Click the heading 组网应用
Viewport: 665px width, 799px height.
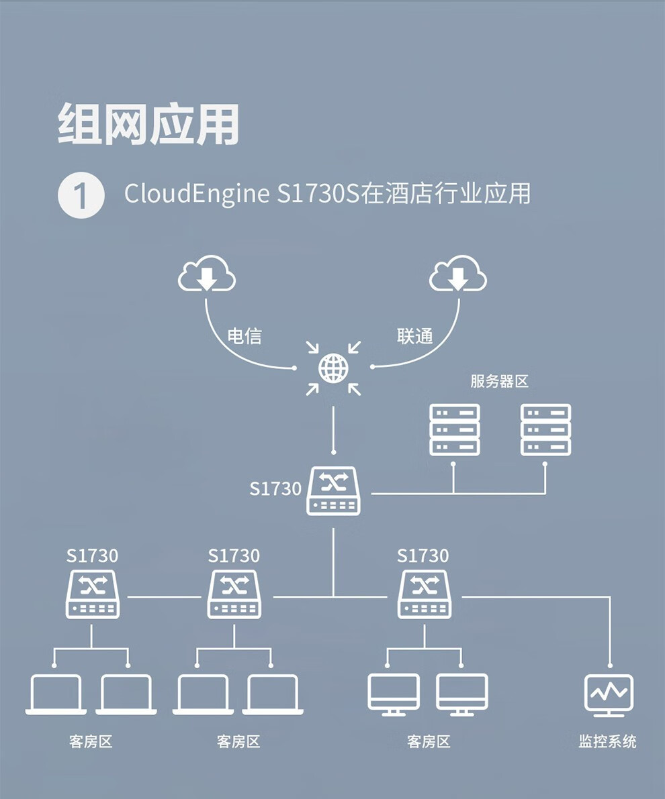148,124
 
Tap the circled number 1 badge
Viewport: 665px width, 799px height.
81,195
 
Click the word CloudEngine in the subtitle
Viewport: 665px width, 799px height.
197,194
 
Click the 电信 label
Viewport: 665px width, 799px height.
245,336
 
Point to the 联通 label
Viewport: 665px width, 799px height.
415,336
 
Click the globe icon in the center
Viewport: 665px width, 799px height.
333,368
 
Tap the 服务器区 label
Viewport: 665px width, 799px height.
499,381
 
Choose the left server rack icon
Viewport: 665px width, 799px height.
455,429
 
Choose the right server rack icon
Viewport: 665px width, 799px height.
545,429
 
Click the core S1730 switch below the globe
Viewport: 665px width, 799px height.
334,491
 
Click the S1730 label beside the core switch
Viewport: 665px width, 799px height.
275,488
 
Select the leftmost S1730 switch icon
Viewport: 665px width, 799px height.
93,594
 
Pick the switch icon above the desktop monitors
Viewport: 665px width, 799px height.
425,594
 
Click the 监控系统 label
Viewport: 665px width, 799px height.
607,741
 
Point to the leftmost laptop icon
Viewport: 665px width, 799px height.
56,694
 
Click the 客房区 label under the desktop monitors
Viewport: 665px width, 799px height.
429,741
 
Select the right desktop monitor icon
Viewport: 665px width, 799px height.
462,694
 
